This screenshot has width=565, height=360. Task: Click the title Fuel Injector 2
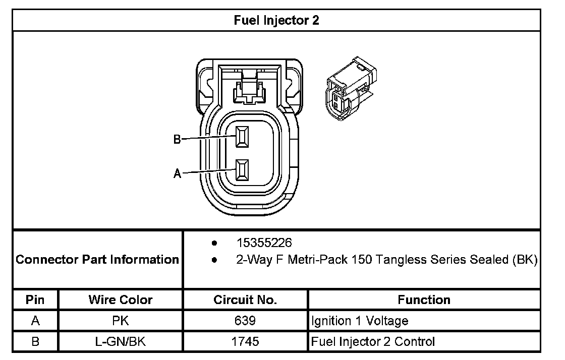pyautogui.click(x=276, y=20)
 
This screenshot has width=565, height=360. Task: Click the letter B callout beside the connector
pyautogui.click(x=177, y=140)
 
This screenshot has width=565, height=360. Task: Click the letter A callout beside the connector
pyautogui.click(x=177, y=174)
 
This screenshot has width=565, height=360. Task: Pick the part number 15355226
pyautogui.click(x=264, y=243)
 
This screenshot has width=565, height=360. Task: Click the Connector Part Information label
pyautogui.click(x=98, y=260)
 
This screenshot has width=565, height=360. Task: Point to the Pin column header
pyautogui.click(x=35, y=300)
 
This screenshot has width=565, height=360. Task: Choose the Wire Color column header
pyautogui.click(x=121, y=300)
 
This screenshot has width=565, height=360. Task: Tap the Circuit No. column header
pyautogui.click(x=245, y=300)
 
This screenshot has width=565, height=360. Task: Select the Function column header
pyautogui.click(x=424, y=300)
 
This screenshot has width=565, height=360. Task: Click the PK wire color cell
pyautogui.click(x=121, y=321)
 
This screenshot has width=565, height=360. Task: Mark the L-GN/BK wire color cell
pyautogui.click(x=121, y=341)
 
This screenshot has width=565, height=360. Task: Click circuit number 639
pyautogui.click(x=245, y=321)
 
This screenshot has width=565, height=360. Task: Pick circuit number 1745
pyautogui.click(x=245, y=341)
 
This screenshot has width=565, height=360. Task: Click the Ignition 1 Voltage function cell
pyautogui.click(x=359, y=321)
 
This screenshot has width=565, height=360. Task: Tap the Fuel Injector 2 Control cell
pyautogui.click(x=373, y=341)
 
